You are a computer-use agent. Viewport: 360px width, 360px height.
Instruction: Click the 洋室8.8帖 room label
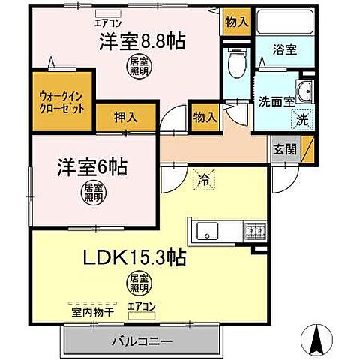point(142,42)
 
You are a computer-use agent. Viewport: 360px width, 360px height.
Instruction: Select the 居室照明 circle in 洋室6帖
point(92,191)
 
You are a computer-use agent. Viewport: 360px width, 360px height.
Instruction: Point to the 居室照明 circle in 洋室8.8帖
point(136,68)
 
